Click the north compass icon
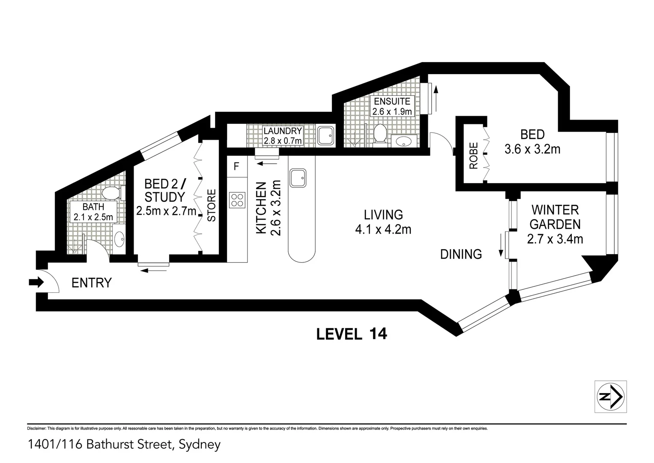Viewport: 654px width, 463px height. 611,397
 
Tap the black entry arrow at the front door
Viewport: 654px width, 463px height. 36,282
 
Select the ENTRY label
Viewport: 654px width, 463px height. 91,283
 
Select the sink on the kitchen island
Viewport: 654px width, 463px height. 298,177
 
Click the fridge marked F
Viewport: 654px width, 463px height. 236,166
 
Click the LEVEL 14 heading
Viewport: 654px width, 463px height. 351,334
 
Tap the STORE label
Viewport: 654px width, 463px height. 212,205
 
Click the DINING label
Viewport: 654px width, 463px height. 461,254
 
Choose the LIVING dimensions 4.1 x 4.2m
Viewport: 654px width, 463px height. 383,230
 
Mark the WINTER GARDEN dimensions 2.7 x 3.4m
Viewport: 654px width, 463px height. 555,239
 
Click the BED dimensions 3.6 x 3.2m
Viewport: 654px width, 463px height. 532,149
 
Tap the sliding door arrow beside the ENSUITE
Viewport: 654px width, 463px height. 436,98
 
